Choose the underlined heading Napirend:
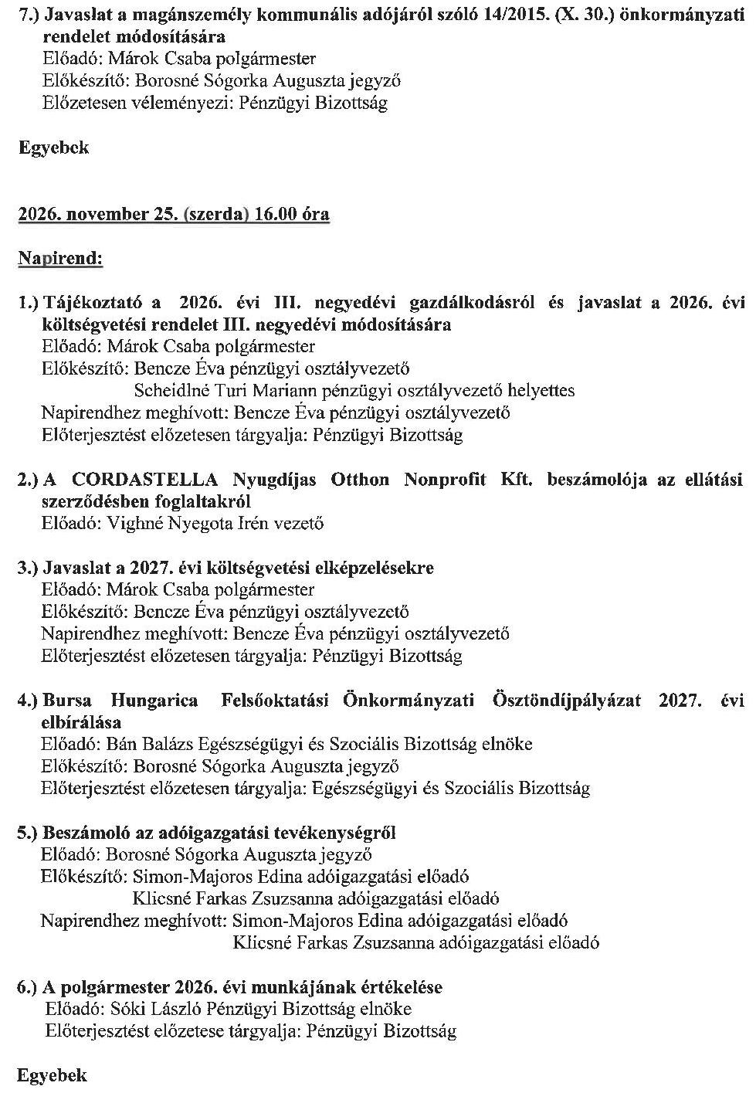[x=60, y=259]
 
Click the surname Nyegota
[x=210, y=524]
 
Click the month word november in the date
[x=107, y=215]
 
